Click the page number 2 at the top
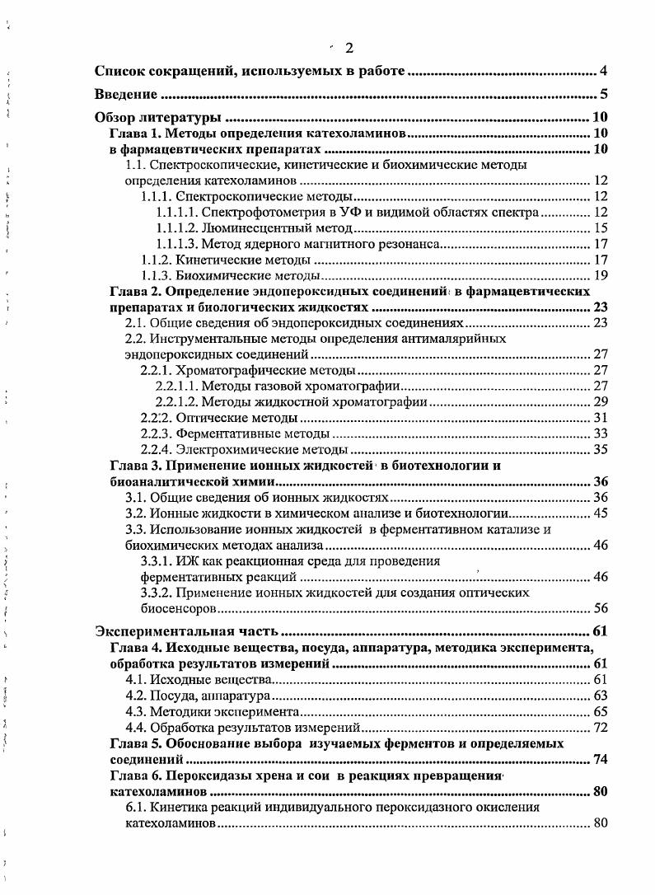click(349, 48)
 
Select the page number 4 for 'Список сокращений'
click(604, 72)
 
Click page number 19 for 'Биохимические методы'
click(601, 275)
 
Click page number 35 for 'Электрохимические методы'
click(601, 449)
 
